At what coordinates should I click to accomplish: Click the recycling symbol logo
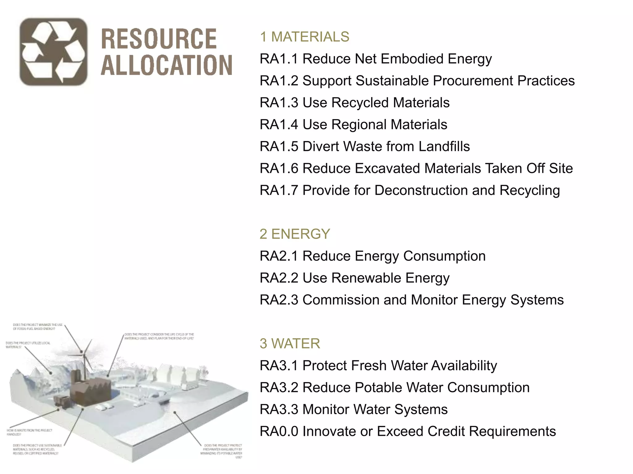(x=53, y=52)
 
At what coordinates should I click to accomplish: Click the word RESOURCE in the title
(x=159, y=39)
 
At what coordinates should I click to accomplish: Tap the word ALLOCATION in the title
(x=167, y=65)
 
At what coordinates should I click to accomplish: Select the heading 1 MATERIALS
(x=304, y=37)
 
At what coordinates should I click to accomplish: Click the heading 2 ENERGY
(x=295, y=234)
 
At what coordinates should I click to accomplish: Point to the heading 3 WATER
(x=290, y=343)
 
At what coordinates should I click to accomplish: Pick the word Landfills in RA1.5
(x=444, y=147)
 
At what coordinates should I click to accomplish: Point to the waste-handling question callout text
(x=30, y=432)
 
